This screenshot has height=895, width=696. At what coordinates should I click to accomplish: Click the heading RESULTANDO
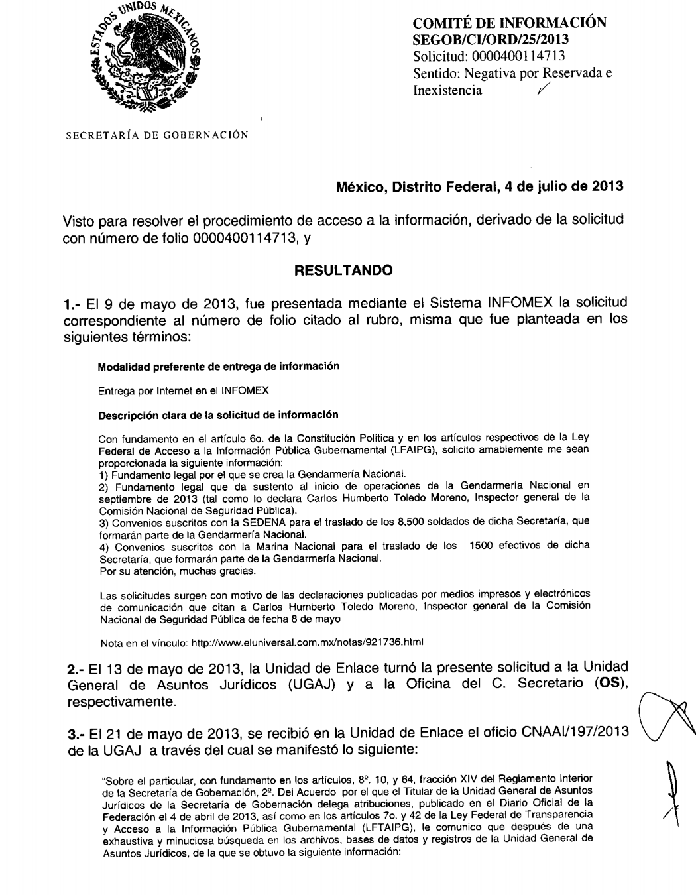point(343,270)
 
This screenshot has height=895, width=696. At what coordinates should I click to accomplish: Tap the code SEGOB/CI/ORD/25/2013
point(489,40)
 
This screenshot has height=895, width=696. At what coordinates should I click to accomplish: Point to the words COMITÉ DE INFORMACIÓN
point(509,24)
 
